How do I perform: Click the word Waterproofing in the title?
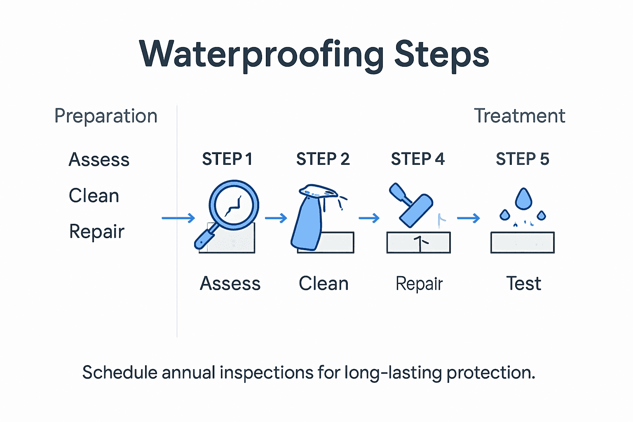coord(262,54)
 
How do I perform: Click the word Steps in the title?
coord(441,54)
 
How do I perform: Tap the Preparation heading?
coord(106,116)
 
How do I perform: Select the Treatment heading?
coord(519,116)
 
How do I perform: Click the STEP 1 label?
coord(227,159)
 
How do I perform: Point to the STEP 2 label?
coord(323,159)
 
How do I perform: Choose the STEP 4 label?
coord(417,159)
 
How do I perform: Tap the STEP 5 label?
coord(522,159)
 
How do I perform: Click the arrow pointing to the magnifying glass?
coord(178,218)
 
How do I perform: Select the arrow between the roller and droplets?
coord(469,218)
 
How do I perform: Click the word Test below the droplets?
coord(523,284)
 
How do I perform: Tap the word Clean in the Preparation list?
coord(94,195)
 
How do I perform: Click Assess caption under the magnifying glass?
coord(230,284)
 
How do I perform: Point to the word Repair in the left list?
coord(96,232)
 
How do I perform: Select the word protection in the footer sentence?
coord(490,373)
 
